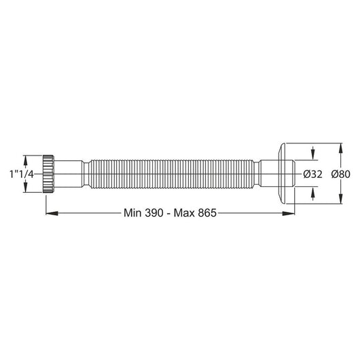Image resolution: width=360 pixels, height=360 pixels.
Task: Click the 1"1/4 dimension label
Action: tap(22, 175)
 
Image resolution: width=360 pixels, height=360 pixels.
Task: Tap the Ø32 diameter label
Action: tap(312, 174)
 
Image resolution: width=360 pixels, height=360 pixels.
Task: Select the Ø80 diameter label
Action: tap(341, 174)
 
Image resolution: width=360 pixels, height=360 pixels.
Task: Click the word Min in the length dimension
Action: tap(132, 213)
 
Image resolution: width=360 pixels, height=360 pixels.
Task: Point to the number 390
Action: tap(154, 213)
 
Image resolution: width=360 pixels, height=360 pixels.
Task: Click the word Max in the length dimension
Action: tap(184, 213)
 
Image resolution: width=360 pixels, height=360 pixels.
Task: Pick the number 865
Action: tap(207, 213)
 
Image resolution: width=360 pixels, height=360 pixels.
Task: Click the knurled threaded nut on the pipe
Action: tap(48, 174)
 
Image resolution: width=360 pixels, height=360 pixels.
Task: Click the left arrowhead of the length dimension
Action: tap(52, 213)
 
